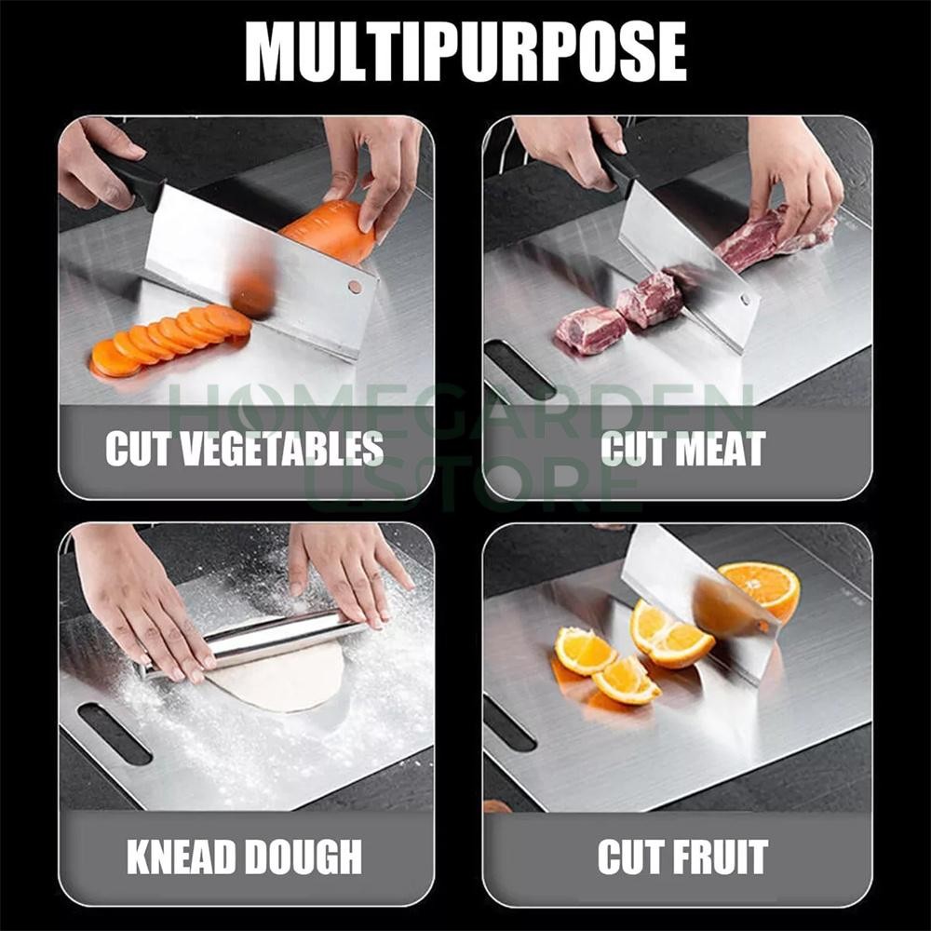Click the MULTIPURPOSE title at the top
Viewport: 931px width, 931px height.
[465, 52]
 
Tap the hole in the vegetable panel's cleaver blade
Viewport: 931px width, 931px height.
[354, 287]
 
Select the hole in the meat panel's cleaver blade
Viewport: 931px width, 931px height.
[745, 300]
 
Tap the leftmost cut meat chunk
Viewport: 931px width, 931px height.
[590, 330]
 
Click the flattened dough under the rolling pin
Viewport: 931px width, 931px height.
[279, 680]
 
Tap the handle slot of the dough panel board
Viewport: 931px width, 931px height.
[114, 734]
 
